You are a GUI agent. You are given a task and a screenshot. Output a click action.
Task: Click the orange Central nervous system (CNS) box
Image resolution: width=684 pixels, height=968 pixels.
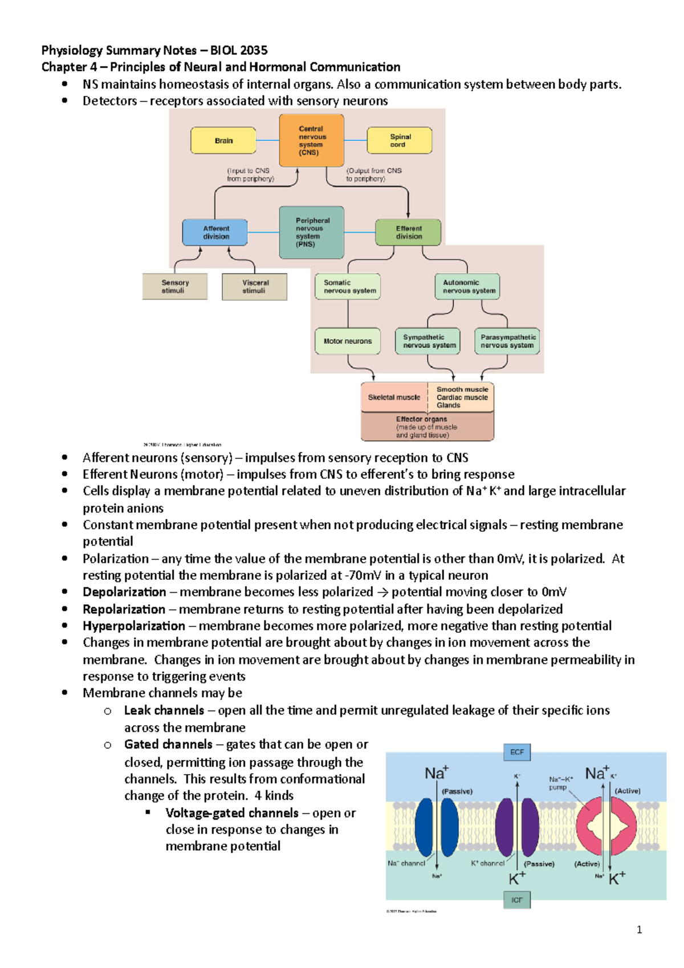point(311,140)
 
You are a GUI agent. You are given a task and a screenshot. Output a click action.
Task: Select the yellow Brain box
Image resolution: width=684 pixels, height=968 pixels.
point(223,140)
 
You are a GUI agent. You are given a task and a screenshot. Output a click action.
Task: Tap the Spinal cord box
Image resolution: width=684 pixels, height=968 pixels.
point(400,140)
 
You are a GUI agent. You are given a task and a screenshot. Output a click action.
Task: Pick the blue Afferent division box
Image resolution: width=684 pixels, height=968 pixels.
point(215,232)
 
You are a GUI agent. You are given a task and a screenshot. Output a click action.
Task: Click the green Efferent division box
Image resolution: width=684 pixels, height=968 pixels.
point(408,232)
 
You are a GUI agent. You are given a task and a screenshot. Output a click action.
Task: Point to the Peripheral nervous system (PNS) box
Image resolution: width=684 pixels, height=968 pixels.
point(311,232)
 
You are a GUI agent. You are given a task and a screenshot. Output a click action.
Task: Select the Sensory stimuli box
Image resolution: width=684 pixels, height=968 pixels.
point(174,286)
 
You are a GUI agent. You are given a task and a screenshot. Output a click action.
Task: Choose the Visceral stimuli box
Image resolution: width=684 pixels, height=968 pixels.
point(254,286)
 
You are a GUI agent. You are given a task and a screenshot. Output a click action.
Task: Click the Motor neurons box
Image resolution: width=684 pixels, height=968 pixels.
point(348,341)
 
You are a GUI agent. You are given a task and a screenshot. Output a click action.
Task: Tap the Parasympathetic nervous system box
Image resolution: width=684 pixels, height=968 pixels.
point(507,341)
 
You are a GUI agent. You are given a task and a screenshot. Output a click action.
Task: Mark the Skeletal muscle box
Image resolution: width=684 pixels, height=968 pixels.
point(394,397)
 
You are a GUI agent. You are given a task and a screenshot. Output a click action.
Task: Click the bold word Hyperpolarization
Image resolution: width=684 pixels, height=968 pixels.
point(133,626)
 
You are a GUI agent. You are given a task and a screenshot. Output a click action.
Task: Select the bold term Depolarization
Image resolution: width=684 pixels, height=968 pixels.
point(124,592)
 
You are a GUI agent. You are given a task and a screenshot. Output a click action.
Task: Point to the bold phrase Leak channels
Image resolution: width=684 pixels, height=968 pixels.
point(164,710)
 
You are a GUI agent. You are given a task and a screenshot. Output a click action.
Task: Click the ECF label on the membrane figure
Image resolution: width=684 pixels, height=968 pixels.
point(516,752)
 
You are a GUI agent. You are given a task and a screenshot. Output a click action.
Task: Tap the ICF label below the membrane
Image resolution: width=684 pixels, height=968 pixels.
point(516,900)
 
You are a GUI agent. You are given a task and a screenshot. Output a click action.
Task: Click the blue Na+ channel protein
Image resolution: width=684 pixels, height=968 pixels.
point(437,827)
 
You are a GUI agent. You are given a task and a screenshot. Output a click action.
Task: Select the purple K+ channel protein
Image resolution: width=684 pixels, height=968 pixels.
point(517,827)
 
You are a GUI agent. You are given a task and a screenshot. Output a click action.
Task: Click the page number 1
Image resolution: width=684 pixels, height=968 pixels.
point(639,930)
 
